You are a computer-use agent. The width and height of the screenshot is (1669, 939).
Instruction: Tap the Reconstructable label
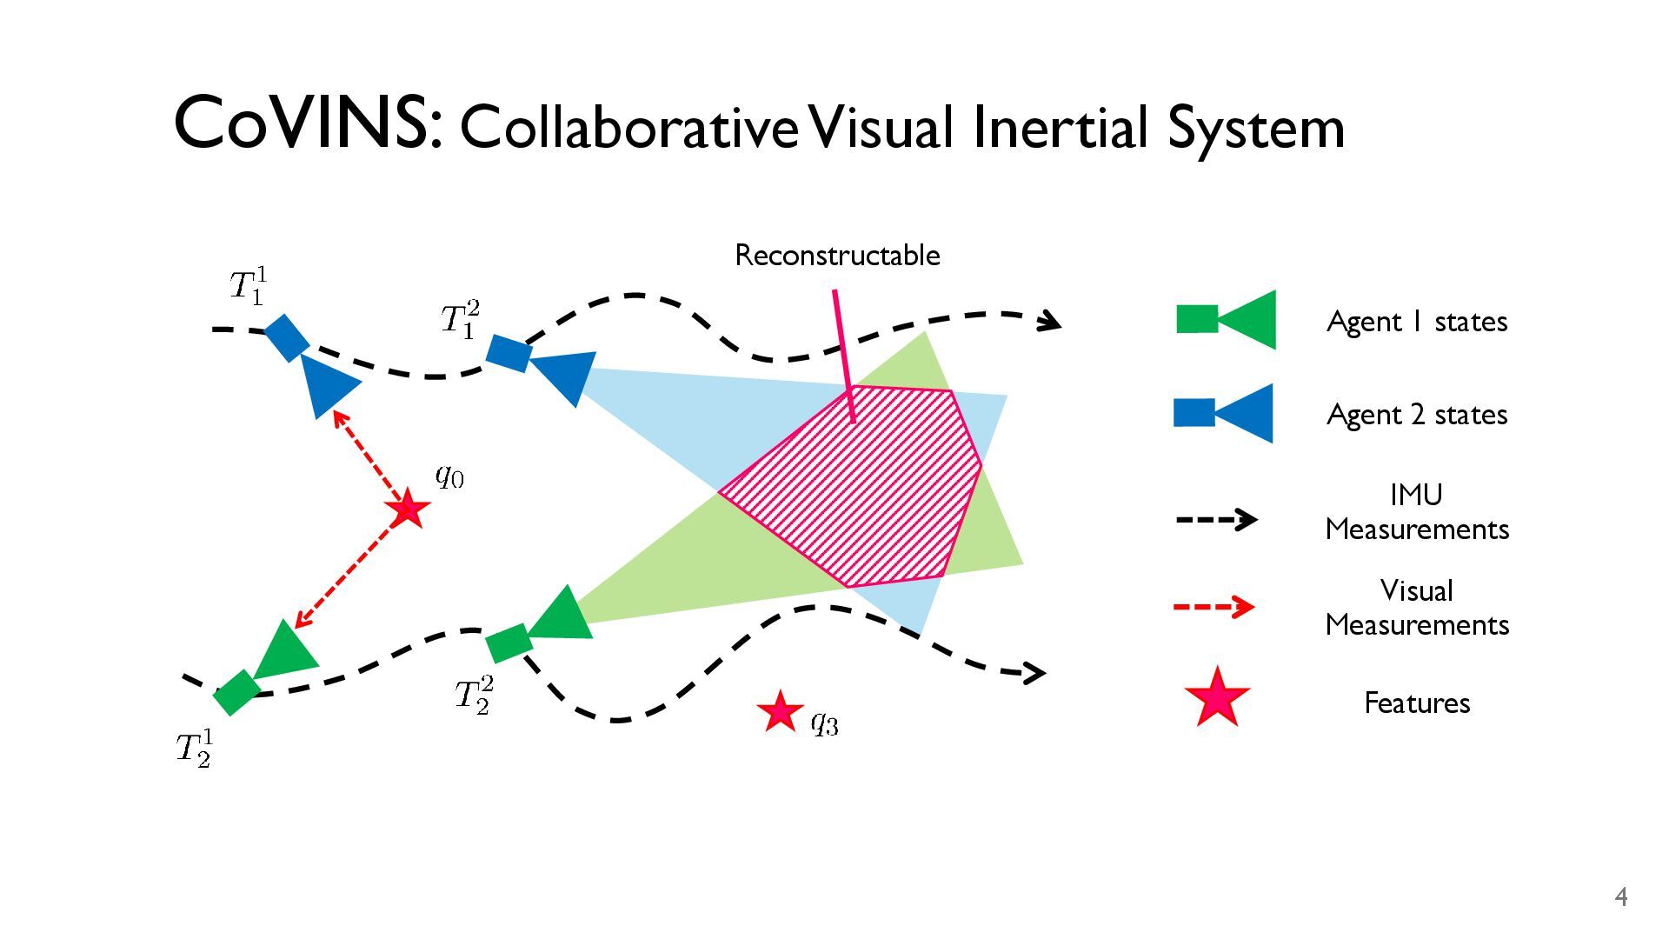click(837, 256)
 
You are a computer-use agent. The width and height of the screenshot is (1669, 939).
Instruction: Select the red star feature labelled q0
click(408, 509)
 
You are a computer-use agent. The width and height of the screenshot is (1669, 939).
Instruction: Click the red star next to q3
click(780, 712)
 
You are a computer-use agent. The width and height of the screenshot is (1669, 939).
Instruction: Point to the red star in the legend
click(1217, 697)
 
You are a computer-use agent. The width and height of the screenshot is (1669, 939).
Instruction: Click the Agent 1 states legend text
click(1416, 322)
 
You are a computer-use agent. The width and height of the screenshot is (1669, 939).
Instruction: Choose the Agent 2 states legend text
click(1416, 415)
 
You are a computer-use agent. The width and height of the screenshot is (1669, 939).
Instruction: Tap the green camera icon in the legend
click(1226, 320)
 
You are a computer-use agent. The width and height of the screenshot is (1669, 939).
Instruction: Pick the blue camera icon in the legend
click(1224, 413)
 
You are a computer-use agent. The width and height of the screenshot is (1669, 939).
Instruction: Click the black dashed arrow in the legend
click(1215, 520)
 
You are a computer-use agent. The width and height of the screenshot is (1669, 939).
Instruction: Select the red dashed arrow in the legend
click(1214, 606)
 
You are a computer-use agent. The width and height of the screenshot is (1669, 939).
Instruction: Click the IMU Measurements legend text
click(1416, 512)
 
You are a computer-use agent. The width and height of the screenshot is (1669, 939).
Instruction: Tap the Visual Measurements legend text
click(1416, 608)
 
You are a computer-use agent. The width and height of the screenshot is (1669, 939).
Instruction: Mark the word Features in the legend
click(1416, 703)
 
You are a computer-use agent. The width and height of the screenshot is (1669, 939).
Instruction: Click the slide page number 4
click(1620, 897)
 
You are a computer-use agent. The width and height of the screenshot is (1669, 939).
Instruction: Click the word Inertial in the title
click(1062, 127)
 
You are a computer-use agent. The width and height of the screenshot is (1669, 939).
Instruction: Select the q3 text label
click(824, 722)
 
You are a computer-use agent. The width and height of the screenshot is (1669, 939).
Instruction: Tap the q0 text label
click(449, 476)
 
